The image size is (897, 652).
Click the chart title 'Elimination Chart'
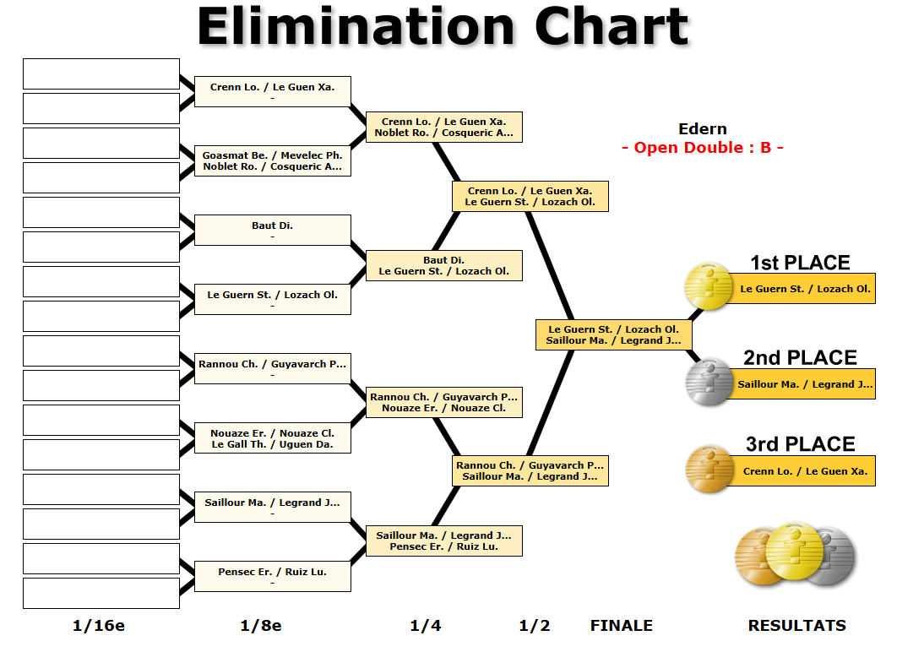443,26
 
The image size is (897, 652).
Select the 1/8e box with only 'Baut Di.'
272,230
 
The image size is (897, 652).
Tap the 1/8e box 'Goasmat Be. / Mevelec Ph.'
272,160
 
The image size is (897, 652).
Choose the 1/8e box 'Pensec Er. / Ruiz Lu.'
272,576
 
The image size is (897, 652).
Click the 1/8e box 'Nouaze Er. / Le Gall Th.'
272,438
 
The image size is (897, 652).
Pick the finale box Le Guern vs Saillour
614,334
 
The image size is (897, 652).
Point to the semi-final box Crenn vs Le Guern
530,196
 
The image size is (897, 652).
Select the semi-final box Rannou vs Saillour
530,470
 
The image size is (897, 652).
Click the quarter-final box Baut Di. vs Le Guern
444,265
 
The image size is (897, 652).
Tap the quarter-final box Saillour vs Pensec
444,541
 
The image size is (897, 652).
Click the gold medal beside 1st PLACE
709,286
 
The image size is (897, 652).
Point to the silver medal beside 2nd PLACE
709,382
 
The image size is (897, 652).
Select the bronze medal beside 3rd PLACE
709,469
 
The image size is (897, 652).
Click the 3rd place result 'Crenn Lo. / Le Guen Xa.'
805,470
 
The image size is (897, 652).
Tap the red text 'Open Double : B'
703,148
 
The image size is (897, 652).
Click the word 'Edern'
703,128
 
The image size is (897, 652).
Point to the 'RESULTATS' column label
796,626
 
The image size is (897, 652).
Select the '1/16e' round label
98,626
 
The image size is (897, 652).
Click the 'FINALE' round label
622,626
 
